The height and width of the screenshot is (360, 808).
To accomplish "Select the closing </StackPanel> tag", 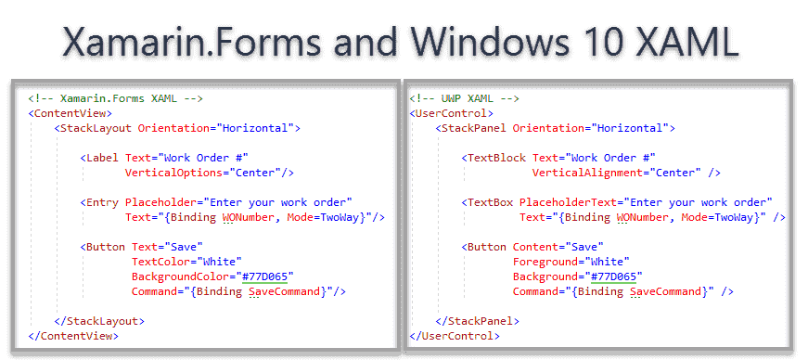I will click(x=477, y=320).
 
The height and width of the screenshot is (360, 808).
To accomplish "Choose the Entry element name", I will click(x=104, y=202).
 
